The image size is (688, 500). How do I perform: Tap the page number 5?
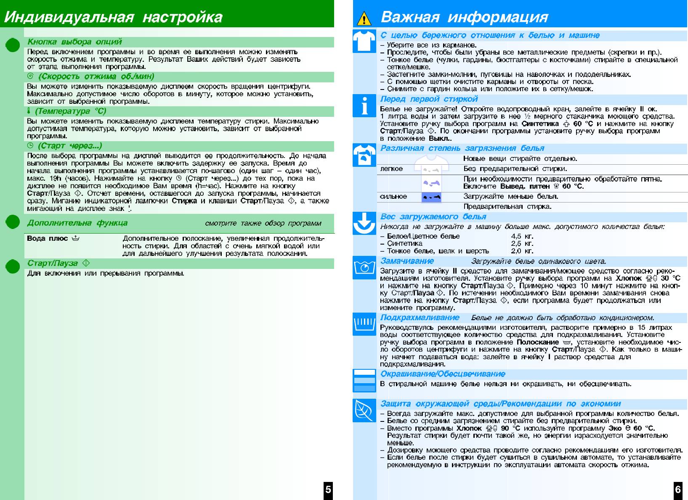328,489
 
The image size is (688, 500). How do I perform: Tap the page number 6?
678,489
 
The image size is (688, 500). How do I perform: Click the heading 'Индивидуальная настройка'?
113,17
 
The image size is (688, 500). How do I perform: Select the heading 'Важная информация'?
464,17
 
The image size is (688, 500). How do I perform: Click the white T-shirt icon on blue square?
364,41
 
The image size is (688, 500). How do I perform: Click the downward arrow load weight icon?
364,223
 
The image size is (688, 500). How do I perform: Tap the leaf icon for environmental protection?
364,410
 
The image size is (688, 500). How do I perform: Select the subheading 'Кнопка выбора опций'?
74,42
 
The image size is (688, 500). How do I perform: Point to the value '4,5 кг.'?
522,236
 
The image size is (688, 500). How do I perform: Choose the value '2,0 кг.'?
522,251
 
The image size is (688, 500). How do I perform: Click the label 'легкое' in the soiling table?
391,169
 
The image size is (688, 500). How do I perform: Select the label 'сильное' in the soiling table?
393,196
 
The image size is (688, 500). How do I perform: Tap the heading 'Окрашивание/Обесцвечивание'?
443,374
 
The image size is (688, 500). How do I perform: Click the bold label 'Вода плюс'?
47,238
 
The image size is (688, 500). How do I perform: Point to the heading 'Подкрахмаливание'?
420,318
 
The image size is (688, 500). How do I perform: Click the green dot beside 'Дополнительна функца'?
13,223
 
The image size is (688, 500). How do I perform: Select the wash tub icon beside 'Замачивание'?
364,267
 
